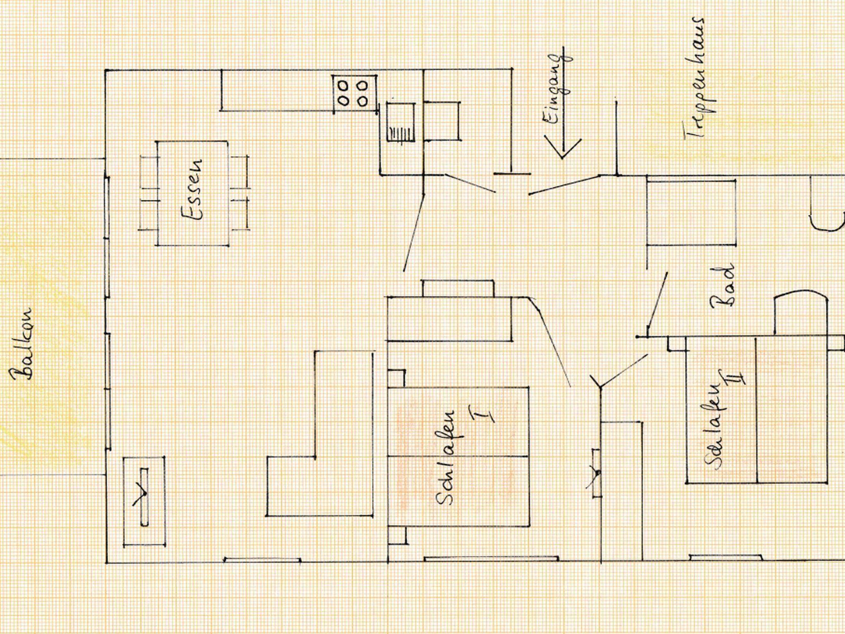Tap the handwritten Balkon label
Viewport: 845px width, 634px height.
click(22, 343)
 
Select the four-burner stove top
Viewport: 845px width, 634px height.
click(355, 93)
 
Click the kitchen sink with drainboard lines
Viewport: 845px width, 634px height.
click(400, 122)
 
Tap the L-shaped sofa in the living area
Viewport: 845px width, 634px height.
click(320, 433)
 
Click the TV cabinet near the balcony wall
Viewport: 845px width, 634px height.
click(144, 500)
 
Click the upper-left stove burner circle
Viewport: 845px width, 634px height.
click(342, 86)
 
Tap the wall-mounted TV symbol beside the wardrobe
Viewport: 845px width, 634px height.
click(596, 472)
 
